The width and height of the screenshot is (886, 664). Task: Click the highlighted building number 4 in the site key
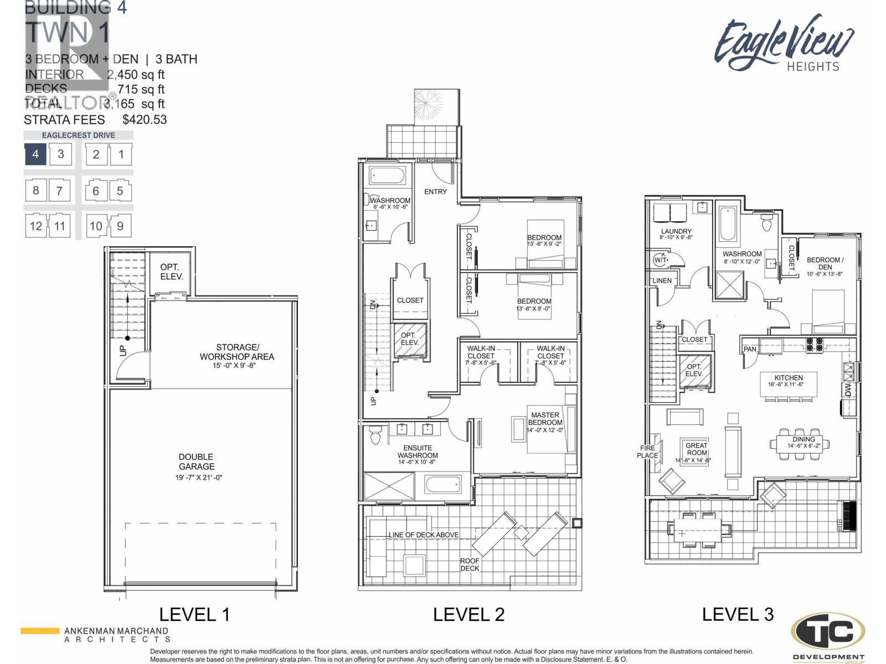[x=35, y=154]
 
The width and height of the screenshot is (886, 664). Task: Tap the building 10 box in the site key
[x=96, y=226]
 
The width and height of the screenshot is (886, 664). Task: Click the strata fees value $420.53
[x=144, y=120]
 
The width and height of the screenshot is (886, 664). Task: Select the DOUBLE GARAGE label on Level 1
[x=196, y=461]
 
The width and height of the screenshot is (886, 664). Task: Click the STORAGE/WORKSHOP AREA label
[x=236, y=352]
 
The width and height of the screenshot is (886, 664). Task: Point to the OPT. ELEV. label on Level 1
[x=171, y=272]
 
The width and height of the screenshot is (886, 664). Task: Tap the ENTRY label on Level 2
[x=435, y=191]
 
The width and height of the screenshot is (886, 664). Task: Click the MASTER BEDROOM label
[x=545, y=418]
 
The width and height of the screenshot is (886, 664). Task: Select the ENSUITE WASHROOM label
[x=418, y=452]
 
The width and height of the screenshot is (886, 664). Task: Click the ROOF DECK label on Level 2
[x=470, y=564]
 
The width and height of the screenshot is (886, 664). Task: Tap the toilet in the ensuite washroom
[x=375, y=435]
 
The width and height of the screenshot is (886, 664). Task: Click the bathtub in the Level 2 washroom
[x=387, y=177]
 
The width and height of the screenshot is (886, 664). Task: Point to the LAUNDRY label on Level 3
[x=676, y=231]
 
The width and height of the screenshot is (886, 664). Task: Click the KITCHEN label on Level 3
[x=789, y=377]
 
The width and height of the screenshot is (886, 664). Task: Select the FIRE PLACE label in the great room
[x=647, y=452]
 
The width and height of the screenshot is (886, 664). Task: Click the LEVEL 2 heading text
[x=468, y=614]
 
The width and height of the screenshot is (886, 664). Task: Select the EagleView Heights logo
[x=784, y=44]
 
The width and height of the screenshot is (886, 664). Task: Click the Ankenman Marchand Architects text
[x=116, y=635]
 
